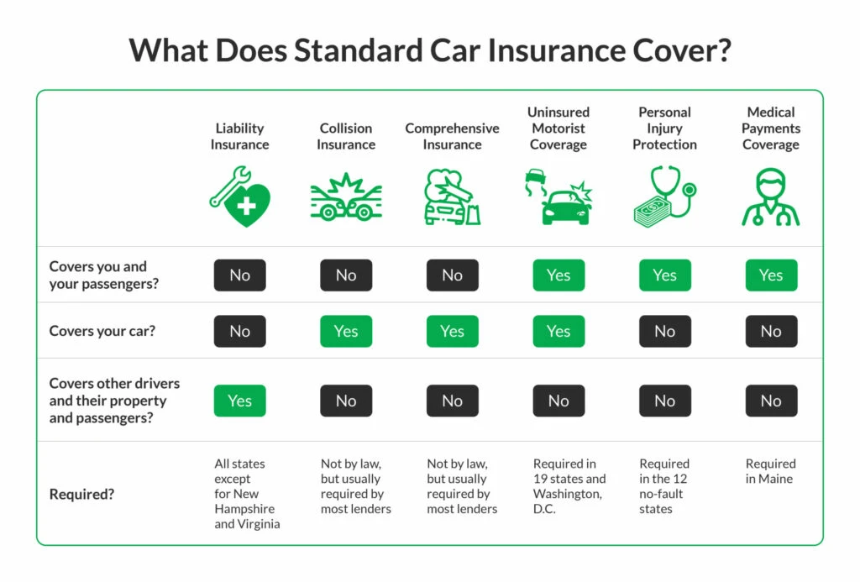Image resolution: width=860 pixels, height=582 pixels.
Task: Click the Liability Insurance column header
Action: point(239,136)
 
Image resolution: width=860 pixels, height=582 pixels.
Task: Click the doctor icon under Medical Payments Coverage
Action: point(770,198)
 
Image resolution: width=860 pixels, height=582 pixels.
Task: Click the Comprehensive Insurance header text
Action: point(452,136)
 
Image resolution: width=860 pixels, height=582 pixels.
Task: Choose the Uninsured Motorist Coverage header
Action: point(558,128)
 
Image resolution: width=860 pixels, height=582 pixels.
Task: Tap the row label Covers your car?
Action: point(102,331)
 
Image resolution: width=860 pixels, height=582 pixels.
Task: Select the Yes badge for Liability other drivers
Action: point(239,401)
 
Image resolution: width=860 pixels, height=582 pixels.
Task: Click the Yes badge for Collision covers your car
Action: point(346,331)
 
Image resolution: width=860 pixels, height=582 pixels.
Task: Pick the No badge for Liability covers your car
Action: point(239,331)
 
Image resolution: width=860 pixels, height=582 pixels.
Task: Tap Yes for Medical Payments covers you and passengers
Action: point(770,275)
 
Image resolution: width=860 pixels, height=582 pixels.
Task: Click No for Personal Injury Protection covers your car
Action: point(664,331)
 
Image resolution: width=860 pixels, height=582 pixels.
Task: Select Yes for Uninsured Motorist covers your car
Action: point(558,331)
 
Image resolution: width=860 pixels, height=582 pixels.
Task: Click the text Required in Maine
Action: point(770,471)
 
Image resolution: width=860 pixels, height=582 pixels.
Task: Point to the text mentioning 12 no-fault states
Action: point(664,486)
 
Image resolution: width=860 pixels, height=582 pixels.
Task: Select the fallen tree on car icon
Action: point(452,198)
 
